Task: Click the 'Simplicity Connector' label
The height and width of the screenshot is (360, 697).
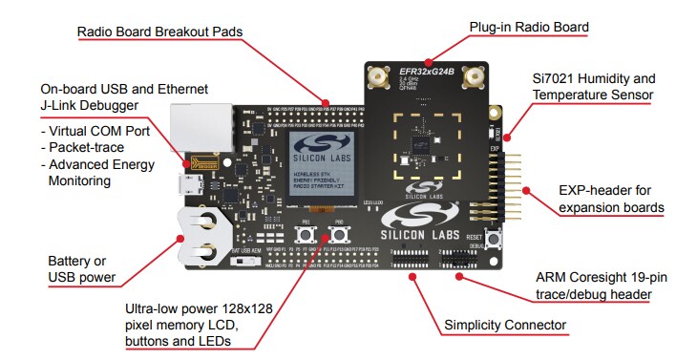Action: pyautogui.click(x=505, y=326)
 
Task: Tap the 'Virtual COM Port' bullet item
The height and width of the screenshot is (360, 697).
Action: pyautogui.click(x=97, y=130)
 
